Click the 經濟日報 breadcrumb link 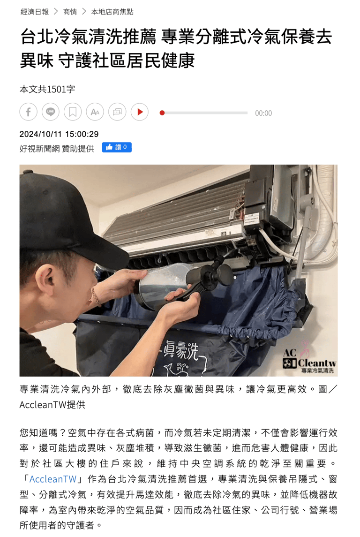coord(35,12)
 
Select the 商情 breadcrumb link coord(70,12)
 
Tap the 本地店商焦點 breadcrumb coord(112,12)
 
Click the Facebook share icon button coord(29,112)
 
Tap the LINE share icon coord(51,112)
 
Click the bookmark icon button coord(73,112)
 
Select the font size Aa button coord(95,112)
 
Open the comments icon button coord(117,112)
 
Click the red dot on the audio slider coord(162,113)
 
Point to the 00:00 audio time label coord(263,113)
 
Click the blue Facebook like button coord(117,147)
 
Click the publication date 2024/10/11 coord(41,134)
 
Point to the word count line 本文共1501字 coord(47,90)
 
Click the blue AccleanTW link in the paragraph coord(52,479)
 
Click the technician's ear coord(46,279)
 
